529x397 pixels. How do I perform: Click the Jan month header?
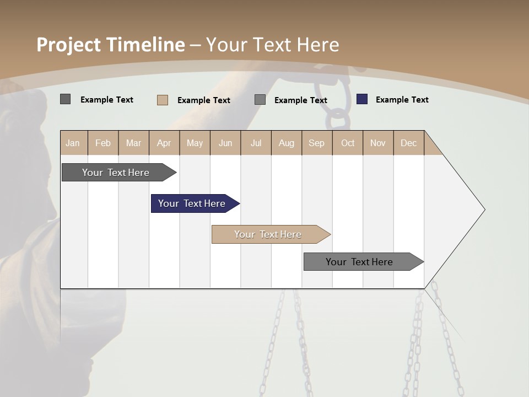click(x=73, y=143)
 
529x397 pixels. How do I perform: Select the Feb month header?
click(x=103, y=143)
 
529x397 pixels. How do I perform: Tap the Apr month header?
click(x=164, y=143)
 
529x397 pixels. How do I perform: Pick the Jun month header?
click(x=225, y=143)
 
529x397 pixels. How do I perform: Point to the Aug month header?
click(x=287, y=143)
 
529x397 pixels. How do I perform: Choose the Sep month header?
click(x=317, y=143)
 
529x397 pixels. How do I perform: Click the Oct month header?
click(x=348, y=143)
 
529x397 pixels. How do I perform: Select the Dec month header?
click(x=409, y=143)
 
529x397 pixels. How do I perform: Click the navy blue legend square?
click(x=362, y=99)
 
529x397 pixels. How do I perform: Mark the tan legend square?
click(x=163, y=100)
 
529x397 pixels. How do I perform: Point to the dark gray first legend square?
click(x=66, y=99)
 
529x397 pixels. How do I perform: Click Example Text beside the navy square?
click(x=402, y=100)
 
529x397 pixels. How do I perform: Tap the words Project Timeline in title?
click(x=111, y=45)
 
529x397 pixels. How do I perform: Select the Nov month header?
click(x=378, y=143)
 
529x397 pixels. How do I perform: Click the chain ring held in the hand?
click(x=337, y=118)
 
